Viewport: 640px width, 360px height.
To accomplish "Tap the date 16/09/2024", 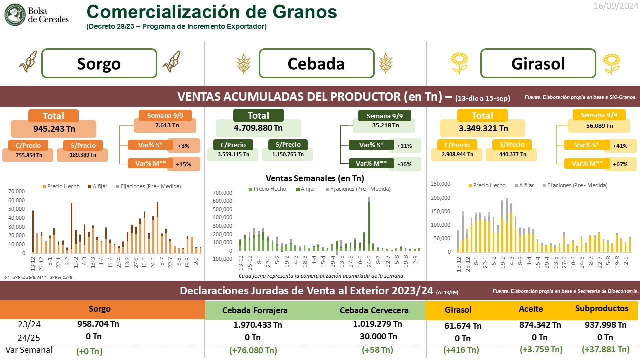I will pos(615,6).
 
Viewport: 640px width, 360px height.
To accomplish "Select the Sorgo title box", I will pos(98,63).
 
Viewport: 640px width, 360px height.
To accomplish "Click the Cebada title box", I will pos(316,63).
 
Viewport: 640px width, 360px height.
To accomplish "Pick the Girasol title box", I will pos(538,63).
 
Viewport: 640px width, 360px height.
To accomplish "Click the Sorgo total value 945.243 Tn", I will pos(53,129).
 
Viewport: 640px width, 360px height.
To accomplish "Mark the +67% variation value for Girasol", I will pos(620,164).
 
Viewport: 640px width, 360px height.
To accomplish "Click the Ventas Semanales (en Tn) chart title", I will pos(315,178).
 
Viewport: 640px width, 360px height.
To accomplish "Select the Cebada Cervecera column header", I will pos(374,310).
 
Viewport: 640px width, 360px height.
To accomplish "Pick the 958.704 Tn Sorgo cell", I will pos(99,323).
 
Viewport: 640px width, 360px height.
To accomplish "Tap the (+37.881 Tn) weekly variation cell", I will pos(605,349).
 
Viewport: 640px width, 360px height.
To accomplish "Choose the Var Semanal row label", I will pos(28,350).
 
